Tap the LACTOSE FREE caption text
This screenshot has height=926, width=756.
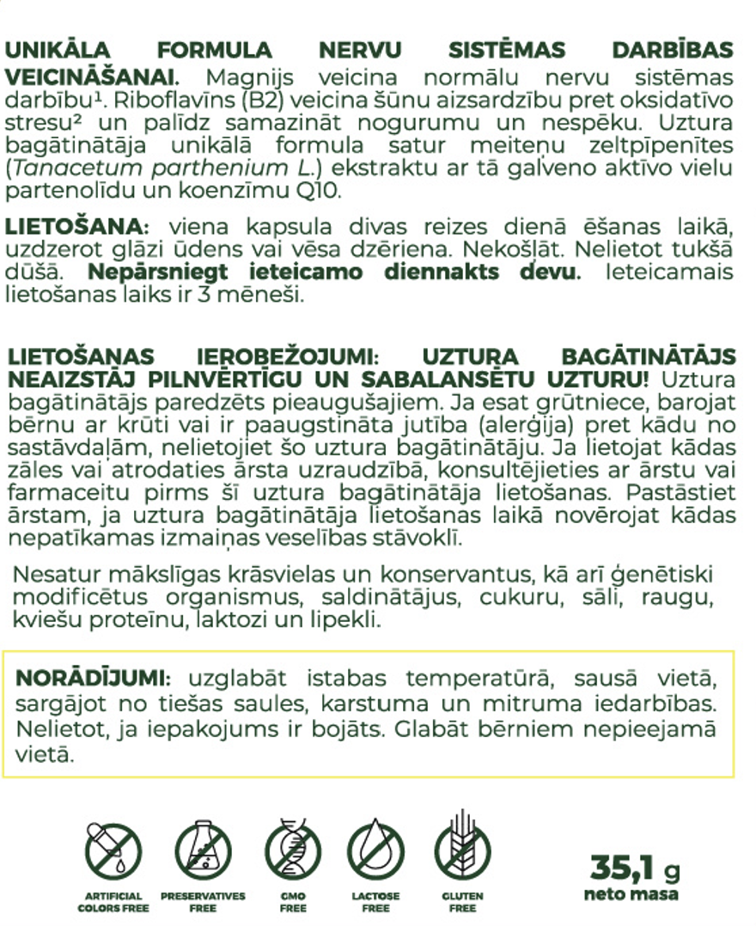pos(375,901)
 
